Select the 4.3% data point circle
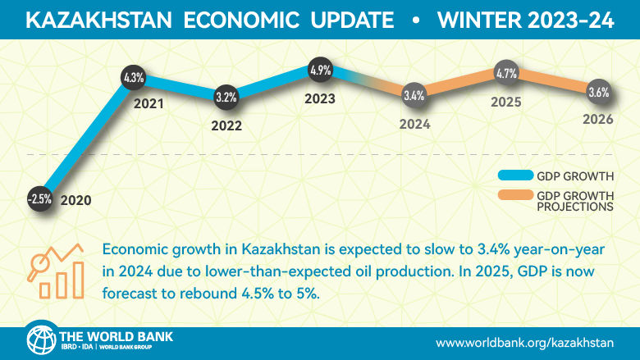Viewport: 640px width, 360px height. [133, 79]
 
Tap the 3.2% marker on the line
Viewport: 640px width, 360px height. [226, 97]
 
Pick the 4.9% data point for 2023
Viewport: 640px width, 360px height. [319, 71]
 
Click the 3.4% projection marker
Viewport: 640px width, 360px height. [414, 96]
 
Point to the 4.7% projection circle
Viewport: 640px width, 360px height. [506, 74]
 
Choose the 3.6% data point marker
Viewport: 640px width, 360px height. [598, 93]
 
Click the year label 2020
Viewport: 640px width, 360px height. [75, 200]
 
